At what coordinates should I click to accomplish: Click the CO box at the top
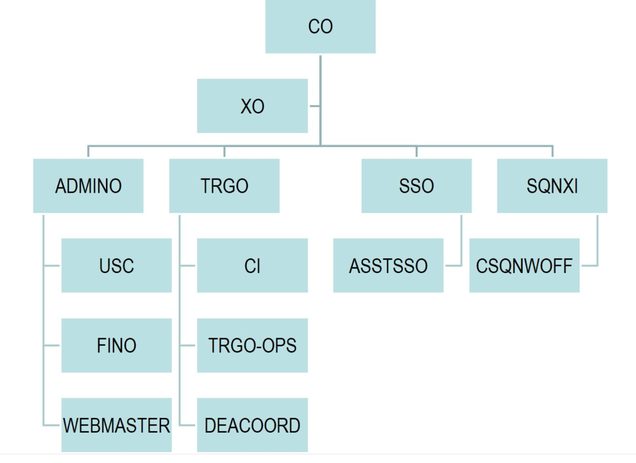click(320, 27)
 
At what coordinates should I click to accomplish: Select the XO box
click(252, 106)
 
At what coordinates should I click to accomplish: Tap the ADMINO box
click(88, 186)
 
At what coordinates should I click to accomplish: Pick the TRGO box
click(224, 186)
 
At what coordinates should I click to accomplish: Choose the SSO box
click(416, 186)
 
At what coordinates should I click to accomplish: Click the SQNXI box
click(552, 186)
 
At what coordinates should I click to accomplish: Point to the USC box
click(116, 265)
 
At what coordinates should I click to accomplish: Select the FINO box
click(116, 345)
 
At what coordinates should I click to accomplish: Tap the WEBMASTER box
click(116, 425)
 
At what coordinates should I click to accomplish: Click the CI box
click(252, 265)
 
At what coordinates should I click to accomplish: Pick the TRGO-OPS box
click(252, 345)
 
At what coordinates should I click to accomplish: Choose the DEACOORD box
click(252, 425)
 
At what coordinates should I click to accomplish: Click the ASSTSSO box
click(388, 265)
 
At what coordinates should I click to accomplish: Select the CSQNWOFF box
click(524, 265)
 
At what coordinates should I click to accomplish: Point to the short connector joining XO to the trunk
click(314, 106)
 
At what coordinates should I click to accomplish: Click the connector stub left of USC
click(52, 266)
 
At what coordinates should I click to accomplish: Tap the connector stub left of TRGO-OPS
click(188, 346)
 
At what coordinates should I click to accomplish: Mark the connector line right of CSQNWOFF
click(589, 266)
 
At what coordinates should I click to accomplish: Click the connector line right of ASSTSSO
click(453, 266)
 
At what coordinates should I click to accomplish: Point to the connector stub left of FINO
click(52, 346)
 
